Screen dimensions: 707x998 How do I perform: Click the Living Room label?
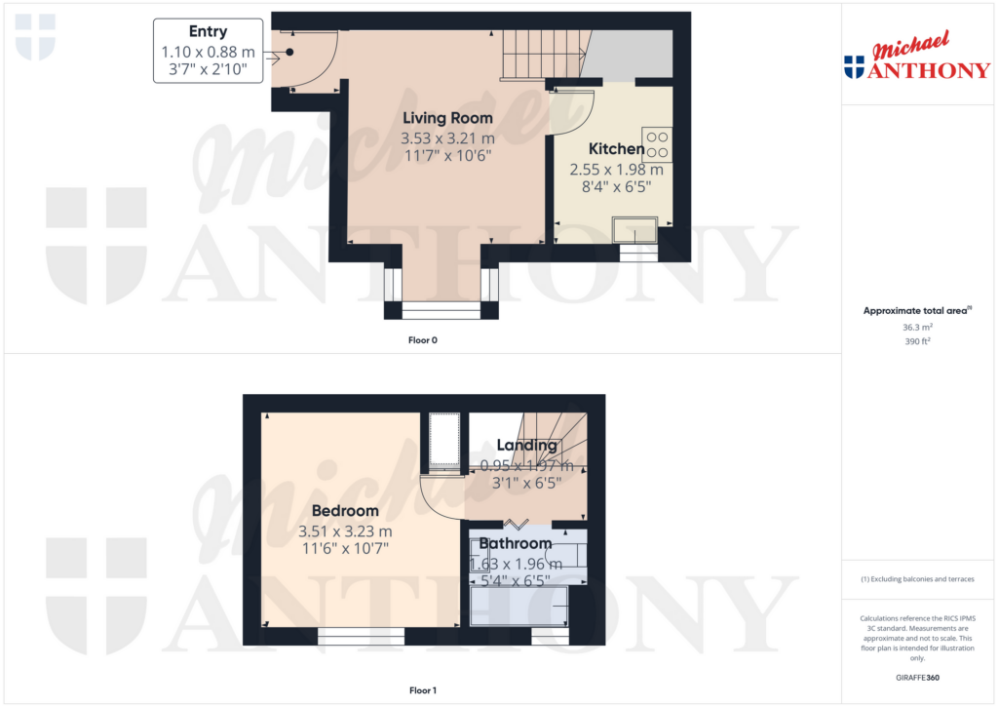(x=448, y=118)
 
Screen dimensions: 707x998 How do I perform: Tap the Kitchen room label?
(x=616, y=149)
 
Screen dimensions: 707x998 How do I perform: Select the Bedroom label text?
(x=345, y=511)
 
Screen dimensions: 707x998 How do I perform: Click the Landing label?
(x=526, y=446)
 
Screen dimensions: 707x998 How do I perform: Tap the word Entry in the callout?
(x=208, y=32)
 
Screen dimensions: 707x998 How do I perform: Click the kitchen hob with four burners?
(x=656, y=143)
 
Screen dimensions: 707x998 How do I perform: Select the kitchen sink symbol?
(x=634, y=229)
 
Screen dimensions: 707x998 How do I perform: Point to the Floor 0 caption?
(x=423, y=341)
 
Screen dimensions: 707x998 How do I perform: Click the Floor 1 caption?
(x=423, y=690)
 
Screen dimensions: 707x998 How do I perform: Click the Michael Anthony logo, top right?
(x=917, y=57)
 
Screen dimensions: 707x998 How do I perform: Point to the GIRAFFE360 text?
(x=917, y=678)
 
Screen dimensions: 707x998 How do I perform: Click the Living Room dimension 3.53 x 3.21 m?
(x=447, y=139)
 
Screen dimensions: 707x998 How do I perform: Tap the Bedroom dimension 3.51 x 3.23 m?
(x=345, y=531)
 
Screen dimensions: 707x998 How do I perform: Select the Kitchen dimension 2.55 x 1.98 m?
(x=616, y=169)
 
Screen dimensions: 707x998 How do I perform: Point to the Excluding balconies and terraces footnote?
(x=917, y=579)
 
